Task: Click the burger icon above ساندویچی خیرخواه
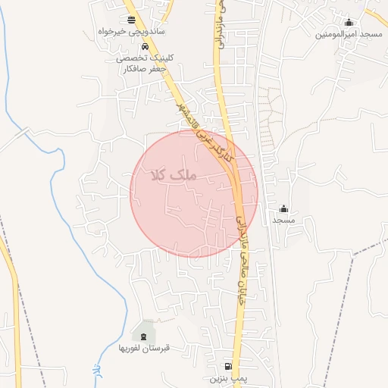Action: point(133,20)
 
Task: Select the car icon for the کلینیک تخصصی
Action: point(135,47)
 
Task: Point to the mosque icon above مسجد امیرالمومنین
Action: point(349,23)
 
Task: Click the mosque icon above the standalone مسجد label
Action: point(283,208)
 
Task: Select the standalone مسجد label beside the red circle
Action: point(283,220)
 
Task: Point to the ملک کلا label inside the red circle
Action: point(173,175)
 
